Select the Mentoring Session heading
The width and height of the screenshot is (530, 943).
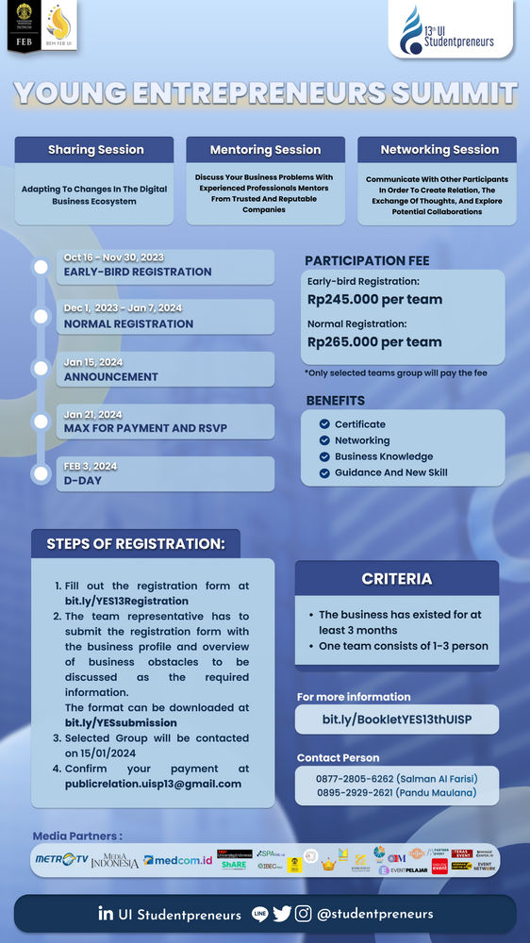[x=265, y=150]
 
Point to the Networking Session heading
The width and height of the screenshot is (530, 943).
[x=439, y=149]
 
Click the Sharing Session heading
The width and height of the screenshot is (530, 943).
[x=95, y=149]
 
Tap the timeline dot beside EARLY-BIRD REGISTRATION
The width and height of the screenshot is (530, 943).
[x=41, y=267]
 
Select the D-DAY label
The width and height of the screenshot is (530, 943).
[x=83, y=481]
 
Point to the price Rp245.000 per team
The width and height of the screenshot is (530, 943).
[x=374, y=300]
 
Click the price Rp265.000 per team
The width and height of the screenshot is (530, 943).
[x=374, y=342]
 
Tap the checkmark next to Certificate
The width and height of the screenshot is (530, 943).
[x=324, y=424]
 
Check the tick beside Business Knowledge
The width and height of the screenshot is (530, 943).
[x=324, y=456]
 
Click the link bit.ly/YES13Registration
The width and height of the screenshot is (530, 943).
[x=126, y=601]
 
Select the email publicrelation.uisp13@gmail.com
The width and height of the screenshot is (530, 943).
[x=153, y=784]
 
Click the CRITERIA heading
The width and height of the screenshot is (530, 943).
[x=397, y=579]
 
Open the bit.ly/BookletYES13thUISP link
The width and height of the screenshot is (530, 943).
[x=396, y=720]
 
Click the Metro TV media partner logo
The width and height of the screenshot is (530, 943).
[x=60, y=860]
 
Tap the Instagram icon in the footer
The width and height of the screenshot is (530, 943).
[x=304, y=913]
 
